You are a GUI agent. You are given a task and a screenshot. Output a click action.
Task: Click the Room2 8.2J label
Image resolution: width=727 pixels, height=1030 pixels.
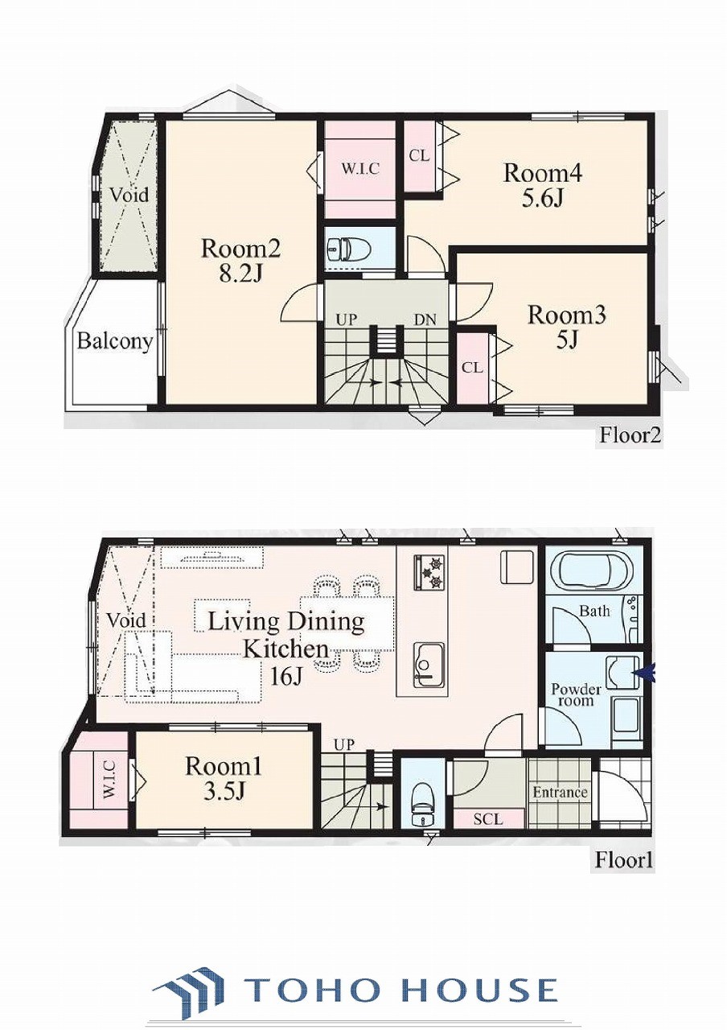click(240, 262)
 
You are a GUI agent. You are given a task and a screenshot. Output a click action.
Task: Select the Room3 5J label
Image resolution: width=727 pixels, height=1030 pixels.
click(567, 328)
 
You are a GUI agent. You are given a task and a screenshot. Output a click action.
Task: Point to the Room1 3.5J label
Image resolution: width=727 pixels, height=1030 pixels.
click(224, 778)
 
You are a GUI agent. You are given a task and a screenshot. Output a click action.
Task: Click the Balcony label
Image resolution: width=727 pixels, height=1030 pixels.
click(114, 342)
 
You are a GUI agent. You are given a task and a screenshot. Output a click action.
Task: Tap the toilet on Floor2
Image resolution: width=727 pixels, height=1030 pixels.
click(339, 249)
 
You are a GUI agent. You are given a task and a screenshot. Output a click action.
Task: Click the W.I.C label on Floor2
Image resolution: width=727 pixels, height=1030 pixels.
click(360, 169)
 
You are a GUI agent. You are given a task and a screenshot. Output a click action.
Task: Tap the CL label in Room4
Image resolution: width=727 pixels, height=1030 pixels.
click(419, 156)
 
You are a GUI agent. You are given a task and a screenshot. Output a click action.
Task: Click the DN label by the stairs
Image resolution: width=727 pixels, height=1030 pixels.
click(425, 319)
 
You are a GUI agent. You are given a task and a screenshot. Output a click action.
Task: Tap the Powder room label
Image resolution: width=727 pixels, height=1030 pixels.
click(577, 695)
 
